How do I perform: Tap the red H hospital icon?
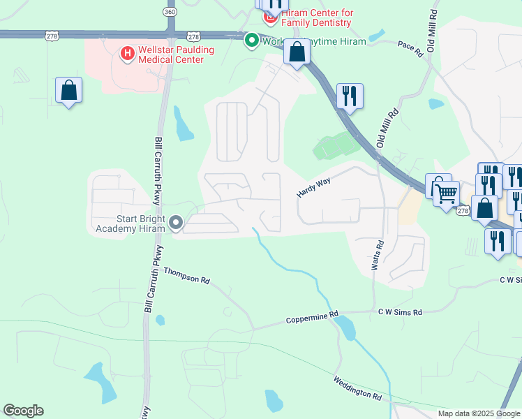pos(127,53)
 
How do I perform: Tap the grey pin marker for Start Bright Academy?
pos(176,223)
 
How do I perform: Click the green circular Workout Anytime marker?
pos(251,41)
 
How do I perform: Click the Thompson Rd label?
pos(186,275)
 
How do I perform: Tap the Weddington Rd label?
pos(357,387)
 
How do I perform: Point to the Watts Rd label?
pos(378,256)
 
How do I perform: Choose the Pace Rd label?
pos(410,48)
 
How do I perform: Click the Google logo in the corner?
pos(23,411)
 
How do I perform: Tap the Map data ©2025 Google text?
pos(478,413)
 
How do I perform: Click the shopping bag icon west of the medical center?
pos(69,91)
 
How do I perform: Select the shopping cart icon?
pos(446,193)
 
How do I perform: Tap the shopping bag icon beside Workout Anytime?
pos(297,52)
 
